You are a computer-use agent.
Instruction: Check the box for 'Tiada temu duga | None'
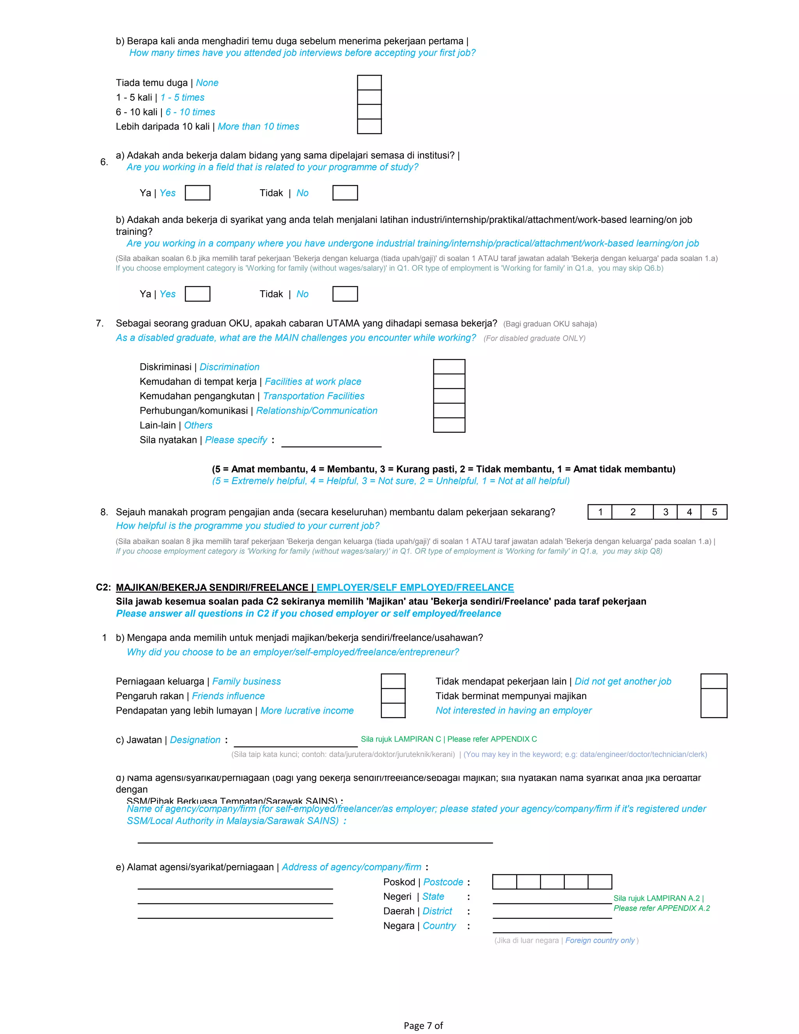pos(369,82)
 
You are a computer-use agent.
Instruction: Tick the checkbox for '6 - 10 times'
pos(369,112)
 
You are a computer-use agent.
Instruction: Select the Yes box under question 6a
pos(197,193)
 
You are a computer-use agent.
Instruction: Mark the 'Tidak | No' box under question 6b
pos(345,294)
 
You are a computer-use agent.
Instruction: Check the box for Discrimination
pos(449,367)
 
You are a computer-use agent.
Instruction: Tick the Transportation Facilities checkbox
pos(449,396)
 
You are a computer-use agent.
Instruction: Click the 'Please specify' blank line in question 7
pos(331,441)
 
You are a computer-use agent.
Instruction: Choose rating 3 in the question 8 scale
pos(665,512)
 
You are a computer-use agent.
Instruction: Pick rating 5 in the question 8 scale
pos(714,512)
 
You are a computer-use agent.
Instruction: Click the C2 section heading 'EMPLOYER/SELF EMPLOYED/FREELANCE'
pos(415,588)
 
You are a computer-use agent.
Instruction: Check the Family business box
pos(393,681)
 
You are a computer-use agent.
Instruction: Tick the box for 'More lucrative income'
pos(393,710)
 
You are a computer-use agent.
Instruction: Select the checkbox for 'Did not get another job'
pos(713,681)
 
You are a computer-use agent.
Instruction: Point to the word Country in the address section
pos(439,926)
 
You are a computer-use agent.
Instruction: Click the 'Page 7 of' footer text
pos(423,1025)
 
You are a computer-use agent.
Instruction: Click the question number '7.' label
pos(100,323)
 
